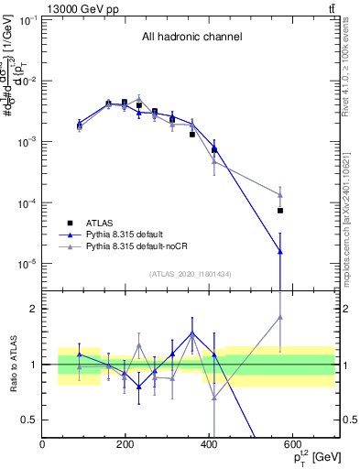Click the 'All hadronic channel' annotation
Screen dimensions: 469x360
coord(191,38)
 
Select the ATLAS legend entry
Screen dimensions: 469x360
coord(100,223)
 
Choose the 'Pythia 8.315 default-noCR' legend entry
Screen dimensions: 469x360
coord(142,247)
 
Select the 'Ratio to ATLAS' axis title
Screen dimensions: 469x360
coord(12,365)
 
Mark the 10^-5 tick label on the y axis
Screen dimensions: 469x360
coord(27,264)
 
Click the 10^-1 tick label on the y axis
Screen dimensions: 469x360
coord(27,19)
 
